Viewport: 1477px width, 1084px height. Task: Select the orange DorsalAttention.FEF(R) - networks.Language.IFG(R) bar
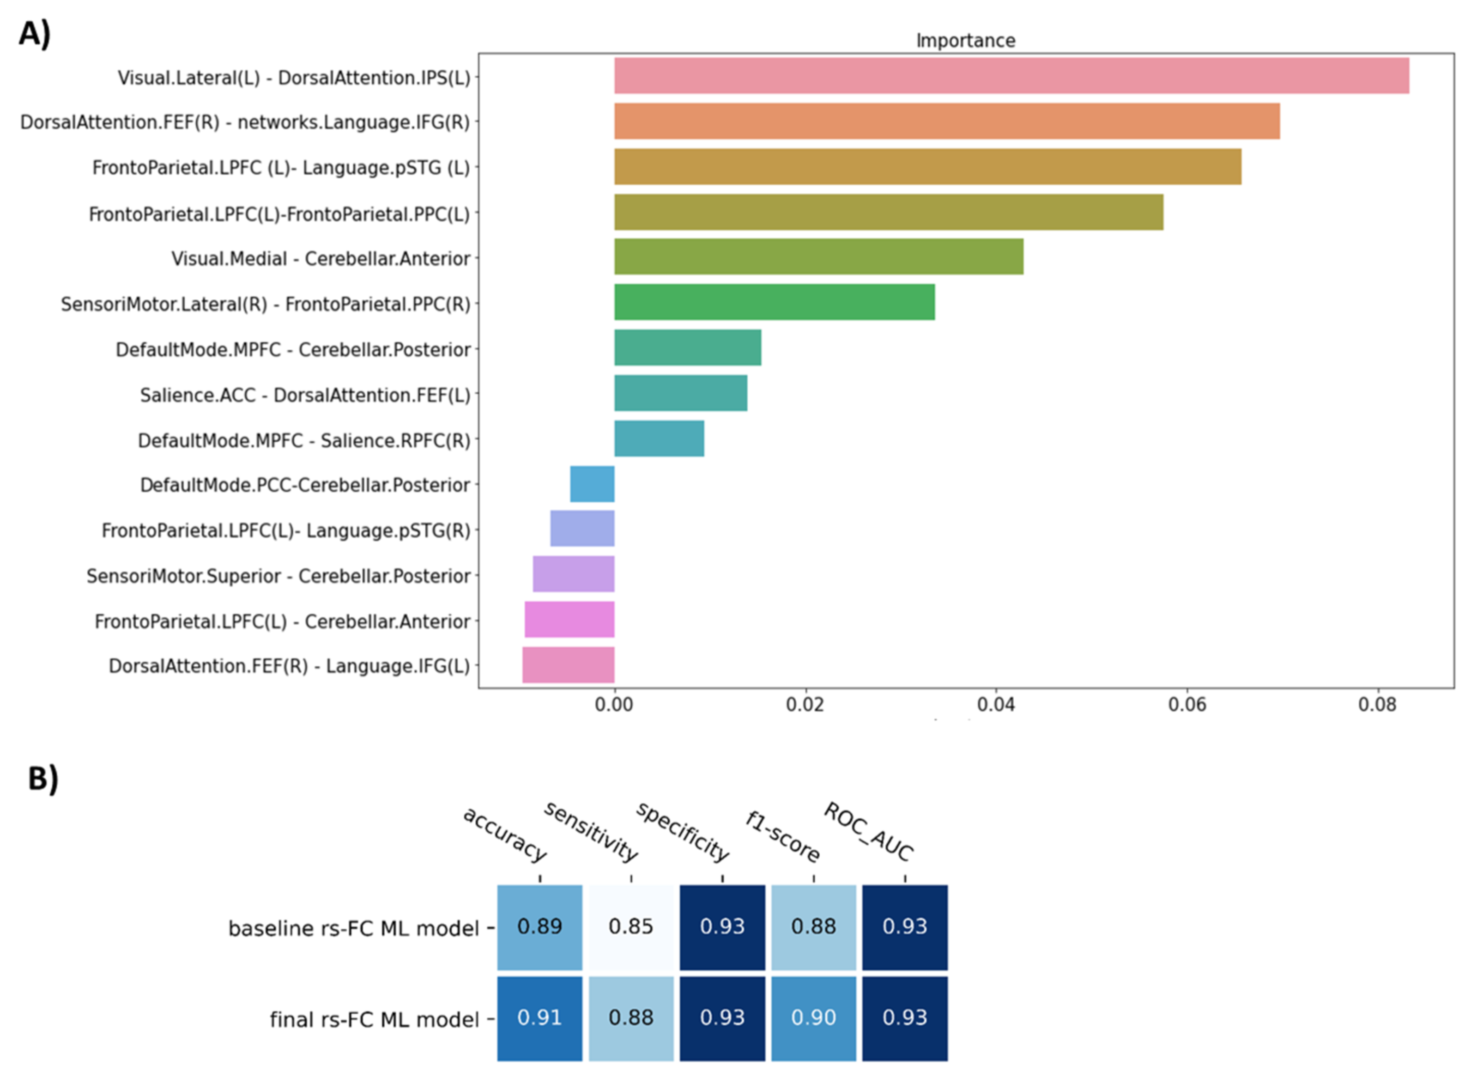(x=946, y=121)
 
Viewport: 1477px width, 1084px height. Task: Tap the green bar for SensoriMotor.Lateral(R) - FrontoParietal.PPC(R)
(x=774, y=302)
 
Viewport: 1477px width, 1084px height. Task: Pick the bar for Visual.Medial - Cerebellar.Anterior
(x=818, y=256)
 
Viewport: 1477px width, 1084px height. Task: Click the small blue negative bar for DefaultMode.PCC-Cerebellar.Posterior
(x=592, y=484)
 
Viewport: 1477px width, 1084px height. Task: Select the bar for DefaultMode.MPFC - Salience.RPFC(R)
(x=659, y=438)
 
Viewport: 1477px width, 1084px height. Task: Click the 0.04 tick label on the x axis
(x=996, y=705)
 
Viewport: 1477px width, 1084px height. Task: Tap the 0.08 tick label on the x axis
(x=1377, y=705)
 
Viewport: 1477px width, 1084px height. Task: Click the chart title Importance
(x=965, y=41)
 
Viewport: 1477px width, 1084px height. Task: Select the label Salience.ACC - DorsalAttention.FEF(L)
(x=305, y=395)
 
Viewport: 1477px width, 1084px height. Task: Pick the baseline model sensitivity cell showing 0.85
(x=630, y=926)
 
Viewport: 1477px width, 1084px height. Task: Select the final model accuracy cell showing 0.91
(x=539, y=1018)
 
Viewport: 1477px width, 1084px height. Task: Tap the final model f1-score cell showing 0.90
(x=813, y=1018)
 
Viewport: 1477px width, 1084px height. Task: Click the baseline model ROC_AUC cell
(x=904, y=926)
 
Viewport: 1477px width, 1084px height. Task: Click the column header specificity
(x=682, y=832)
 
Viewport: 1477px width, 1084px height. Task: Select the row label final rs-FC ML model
(x=374, y=1019)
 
